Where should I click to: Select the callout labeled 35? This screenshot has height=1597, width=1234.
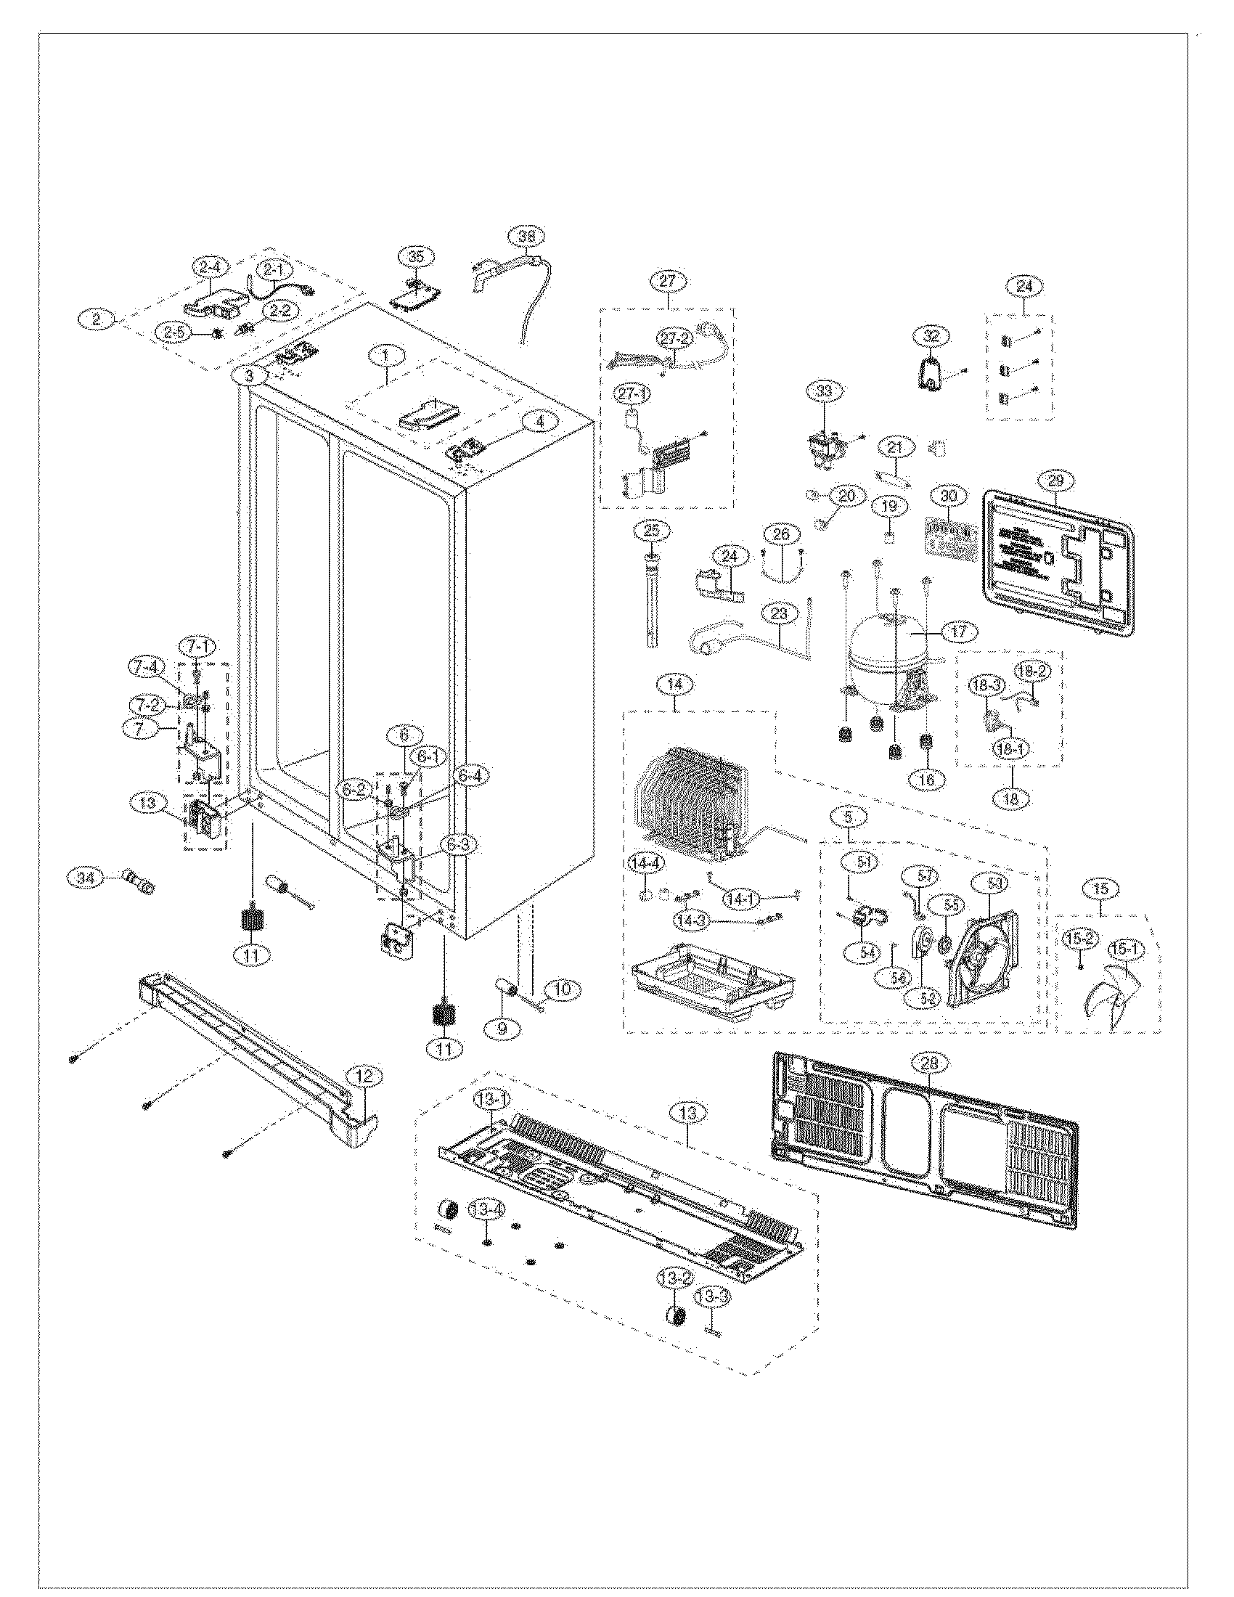[x=416, y=257]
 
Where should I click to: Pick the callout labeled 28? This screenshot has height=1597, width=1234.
[x=929, y=1063]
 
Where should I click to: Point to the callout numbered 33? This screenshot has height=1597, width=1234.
[x=824, y=391]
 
